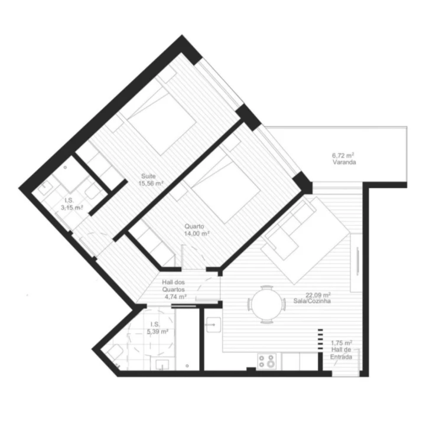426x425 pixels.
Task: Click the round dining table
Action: click(x=262, y=305)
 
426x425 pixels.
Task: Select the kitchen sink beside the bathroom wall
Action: click(x=213, y=324)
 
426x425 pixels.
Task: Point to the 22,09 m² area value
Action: click(x=317, y=294)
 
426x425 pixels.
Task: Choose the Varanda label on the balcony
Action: click(x=344, y=163)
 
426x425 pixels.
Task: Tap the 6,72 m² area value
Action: click(x=344, y=156)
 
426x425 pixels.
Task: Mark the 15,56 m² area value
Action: click(x=151, y=184)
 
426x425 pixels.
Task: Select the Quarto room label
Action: click(x=194, y=226)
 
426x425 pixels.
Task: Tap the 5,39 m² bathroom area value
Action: click(x=157, y=332)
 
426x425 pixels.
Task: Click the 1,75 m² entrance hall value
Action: click(x=342, y=343)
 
